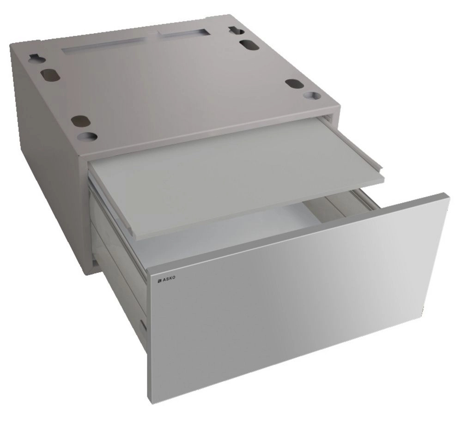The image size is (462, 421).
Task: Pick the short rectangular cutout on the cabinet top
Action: tap(182, 33)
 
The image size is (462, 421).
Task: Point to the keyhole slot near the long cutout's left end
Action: tap(37, 58)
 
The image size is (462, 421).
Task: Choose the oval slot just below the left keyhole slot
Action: tap(49, 75)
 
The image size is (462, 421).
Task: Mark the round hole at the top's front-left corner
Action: tap(88, 136)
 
